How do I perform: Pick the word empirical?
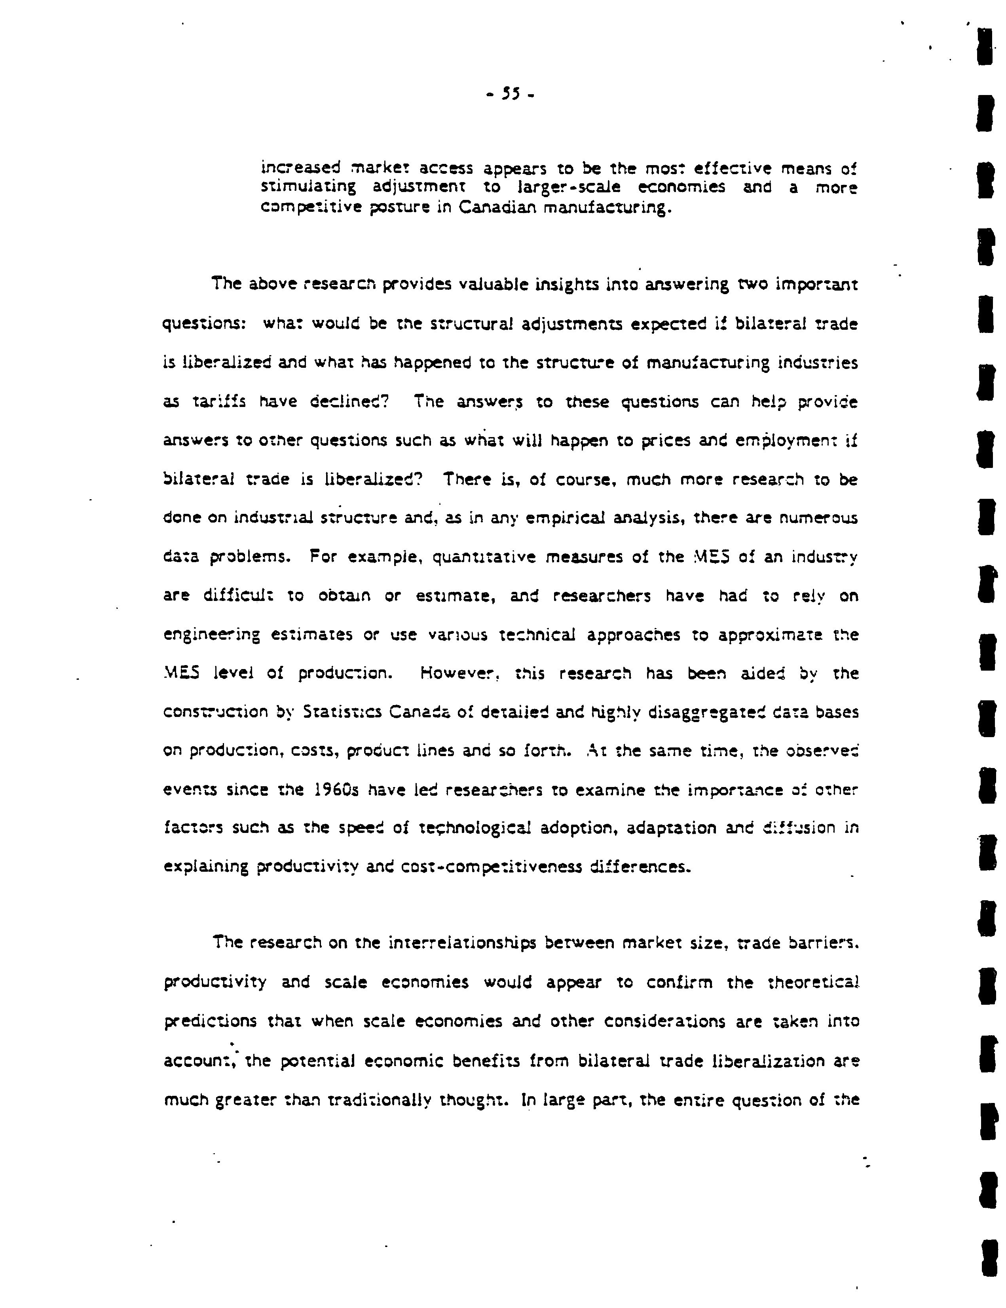(x=565, y=518)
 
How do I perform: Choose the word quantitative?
(x=481, y=557)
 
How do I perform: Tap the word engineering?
(x=212, y=635)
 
